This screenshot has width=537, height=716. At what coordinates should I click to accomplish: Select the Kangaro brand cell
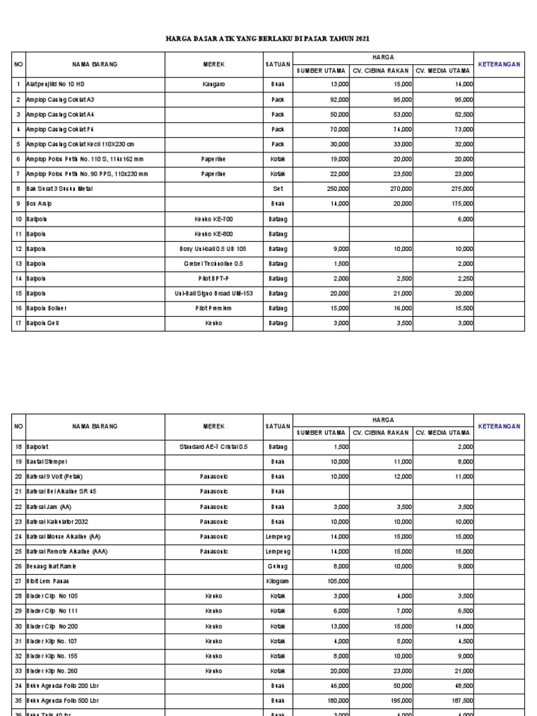213,84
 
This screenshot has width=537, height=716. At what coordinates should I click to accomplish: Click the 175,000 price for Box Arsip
460,203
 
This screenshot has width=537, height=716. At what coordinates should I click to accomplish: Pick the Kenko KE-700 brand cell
213,219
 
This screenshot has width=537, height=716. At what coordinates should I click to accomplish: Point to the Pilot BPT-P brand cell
213,278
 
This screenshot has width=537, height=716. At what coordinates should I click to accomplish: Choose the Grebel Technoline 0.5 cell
213,264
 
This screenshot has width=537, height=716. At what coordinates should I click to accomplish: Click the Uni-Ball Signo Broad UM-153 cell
213,294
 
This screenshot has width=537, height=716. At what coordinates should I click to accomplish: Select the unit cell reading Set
278,189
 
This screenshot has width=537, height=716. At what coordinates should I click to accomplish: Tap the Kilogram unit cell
278,580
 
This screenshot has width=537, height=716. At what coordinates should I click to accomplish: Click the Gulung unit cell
278,566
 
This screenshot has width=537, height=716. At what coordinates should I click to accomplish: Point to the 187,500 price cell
459,700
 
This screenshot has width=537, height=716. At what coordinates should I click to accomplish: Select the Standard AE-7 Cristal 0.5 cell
213,446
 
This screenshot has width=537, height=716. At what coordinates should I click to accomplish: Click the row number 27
19,580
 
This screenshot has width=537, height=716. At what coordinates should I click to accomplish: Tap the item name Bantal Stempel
46,461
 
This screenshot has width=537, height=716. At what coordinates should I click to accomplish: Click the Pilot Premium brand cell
213,308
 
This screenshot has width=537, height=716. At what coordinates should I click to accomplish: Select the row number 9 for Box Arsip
19,203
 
